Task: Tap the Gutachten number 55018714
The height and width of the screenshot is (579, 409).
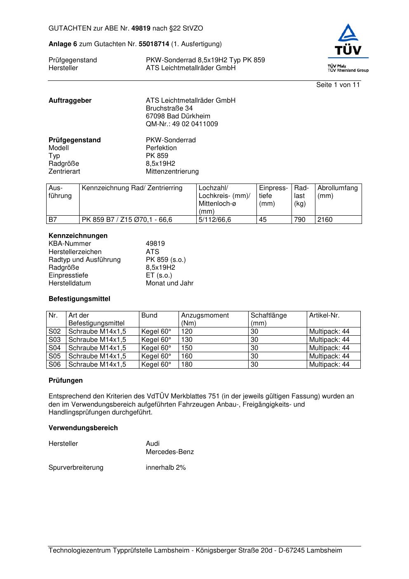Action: pos(154,44)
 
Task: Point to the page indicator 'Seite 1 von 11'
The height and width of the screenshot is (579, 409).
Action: pos(338,85)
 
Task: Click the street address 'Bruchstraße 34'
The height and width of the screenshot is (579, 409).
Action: pos(169,108)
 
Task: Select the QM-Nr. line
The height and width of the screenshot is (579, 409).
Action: pos(182,124)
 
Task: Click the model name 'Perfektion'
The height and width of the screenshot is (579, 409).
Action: pos(161,148)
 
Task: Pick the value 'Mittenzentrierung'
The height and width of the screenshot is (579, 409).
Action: pos(172,172)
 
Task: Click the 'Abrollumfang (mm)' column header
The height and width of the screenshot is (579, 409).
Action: pos(337,192)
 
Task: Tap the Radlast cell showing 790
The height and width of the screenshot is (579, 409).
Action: pos(300,220)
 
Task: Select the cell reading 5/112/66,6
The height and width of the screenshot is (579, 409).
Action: pos(215,220)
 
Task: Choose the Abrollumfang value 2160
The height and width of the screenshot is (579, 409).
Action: pos(325,220)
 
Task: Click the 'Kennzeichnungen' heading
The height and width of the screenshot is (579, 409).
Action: pos(78,236)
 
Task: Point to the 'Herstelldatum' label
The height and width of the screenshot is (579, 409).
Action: pos(70,283)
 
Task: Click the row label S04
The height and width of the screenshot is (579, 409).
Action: pos(55,348)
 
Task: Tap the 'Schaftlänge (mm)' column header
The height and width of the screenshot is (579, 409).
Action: pos(268,319)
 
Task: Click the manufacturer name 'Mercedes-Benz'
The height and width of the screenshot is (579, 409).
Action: pos(170,452)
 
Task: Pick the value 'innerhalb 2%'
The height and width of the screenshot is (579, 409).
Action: pos(166,468)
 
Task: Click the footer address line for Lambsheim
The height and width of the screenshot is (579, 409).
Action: pos(195,551)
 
